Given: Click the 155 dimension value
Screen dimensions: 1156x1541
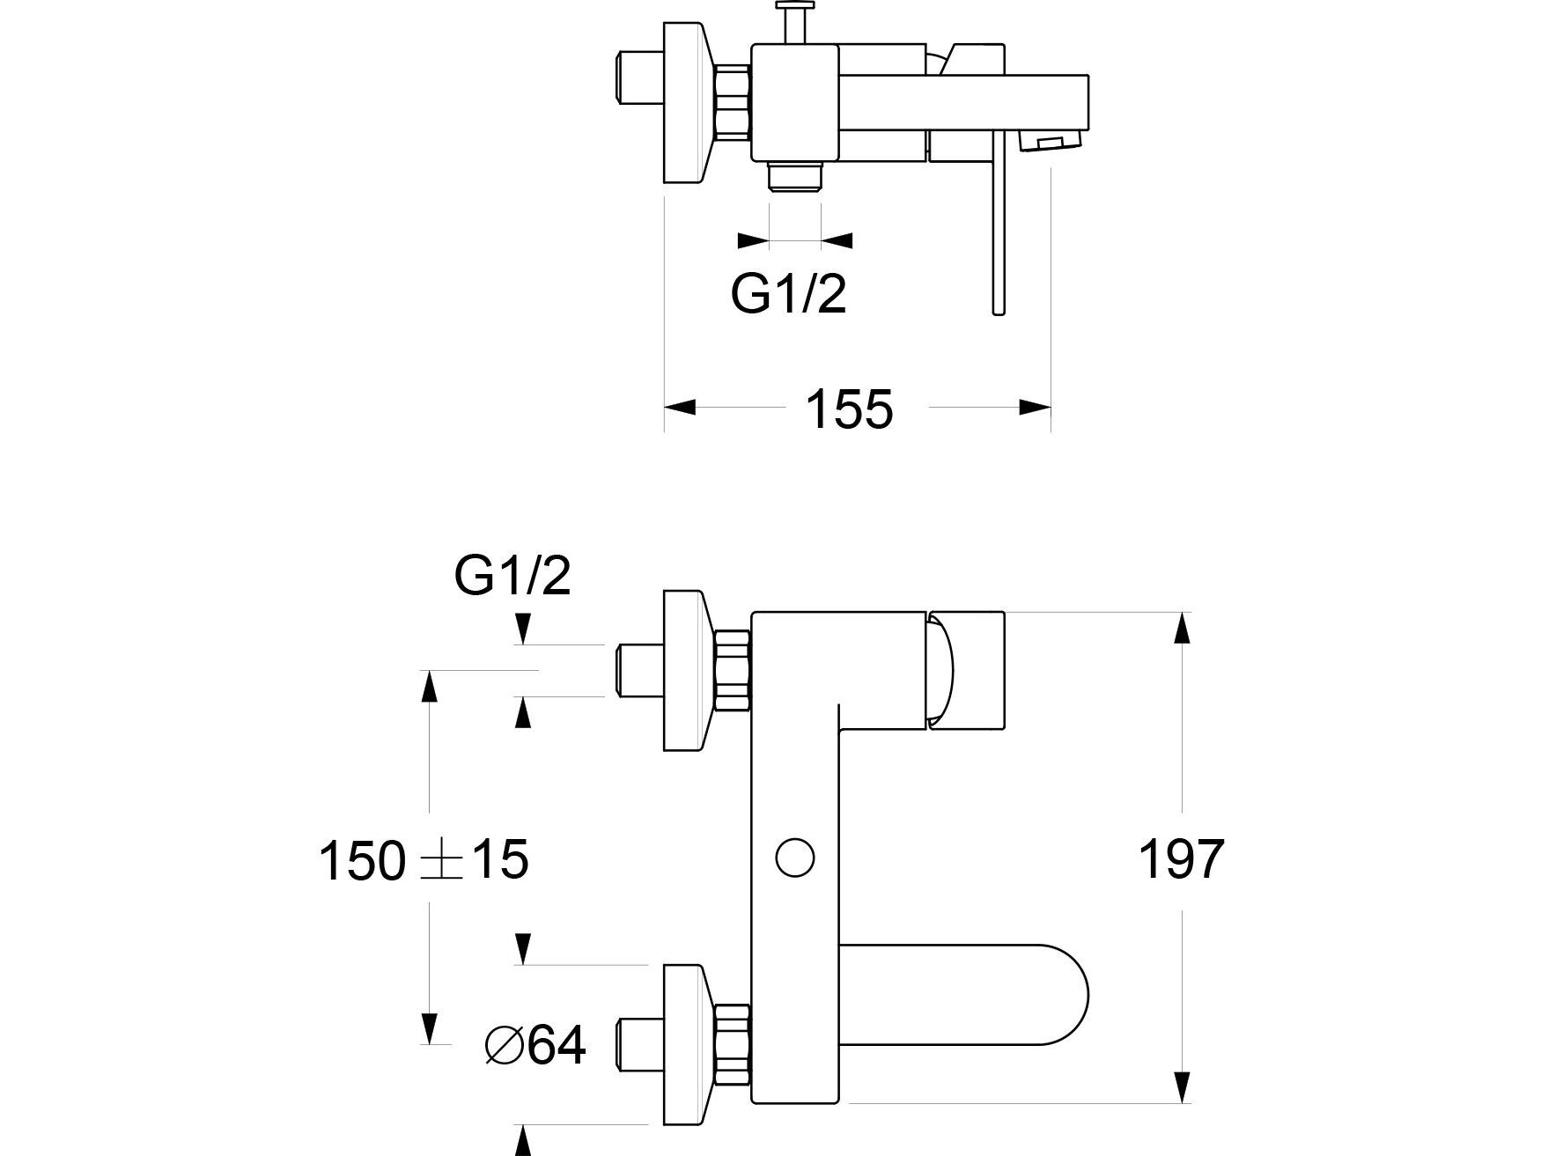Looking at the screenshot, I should [x=849, y=409].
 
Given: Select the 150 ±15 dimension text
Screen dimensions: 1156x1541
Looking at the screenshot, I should [x=424, y=860].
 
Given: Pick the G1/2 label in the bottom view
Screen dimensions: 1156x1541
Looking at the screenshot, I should [x=512, y=577].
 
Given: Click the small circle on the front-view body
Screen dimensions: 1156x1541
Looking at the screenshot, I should [x=795, y=857].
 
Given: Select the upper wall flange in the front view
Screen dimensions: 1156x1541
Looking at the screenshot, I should [x=684, y=670].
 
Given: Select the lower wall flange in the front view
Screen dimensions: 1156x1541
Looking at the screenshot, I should [x=684, y=1044].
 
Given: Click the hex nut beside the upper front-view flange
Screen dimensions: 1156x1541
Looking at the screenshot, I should [x=733, y=670].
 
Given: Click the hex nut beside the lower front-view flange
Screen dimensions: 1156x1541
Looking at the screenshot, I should [x=733, y=1044].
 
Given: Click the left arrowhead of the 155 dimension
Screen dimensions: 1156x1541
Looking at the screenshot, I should [x=680, y=407].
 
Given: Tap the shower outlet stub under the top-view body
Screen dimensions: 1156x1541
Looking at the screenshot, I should [x=795, y=176].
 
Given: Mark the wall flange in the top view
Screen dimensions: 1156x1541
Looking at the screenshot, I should [x=684, y=102].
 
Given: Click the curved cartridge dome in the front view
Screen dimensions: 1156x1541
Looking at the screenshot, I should [x=940, y=669].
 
